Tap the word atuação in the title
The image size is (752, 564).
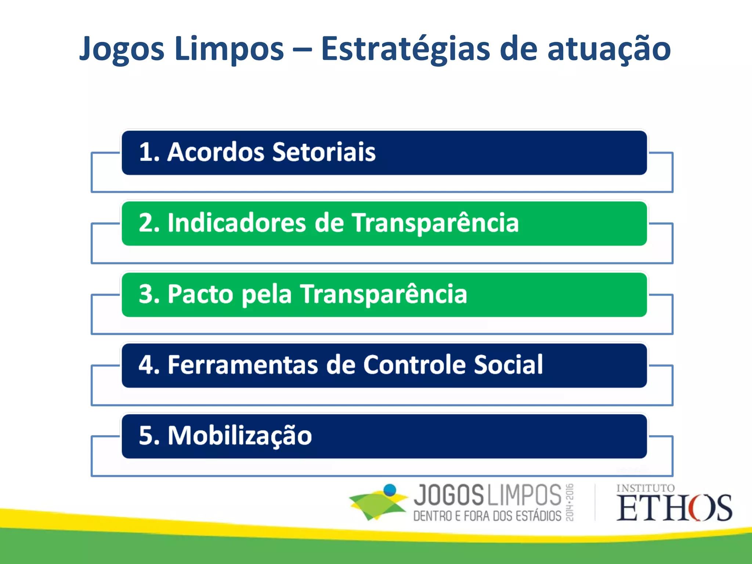tap(609, 49)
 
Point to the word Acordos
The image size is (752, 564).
tap(216, 152)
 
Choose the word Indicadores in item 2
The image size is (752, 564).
tap(236, 223)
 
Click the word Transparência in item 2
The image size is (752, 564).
tap(435, 223)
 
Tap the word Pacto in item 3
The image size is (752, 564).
tap(200, 294)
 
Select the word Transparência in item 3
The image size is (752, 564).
tap(384, 294)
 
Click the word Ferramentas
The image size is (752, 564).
tap(243, 365)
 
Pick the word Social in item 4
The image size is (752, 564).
tap(508, 365)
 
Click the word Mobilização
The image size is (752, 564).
tap(240, 436)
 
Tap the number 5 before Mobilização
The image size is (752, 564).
tap(146, 436)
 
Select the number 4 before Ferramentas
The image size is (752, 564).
tap(146, 365)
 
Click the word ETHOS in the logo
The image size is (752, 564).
tap(674, 508)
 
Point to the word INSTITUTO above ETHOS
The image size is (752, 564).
tap(646, 488)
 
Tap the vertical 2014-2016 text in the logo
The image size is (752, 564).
tap(569, 502)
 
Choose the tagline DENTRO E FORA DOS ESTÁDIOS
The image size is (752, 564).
tap(487, 516)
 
